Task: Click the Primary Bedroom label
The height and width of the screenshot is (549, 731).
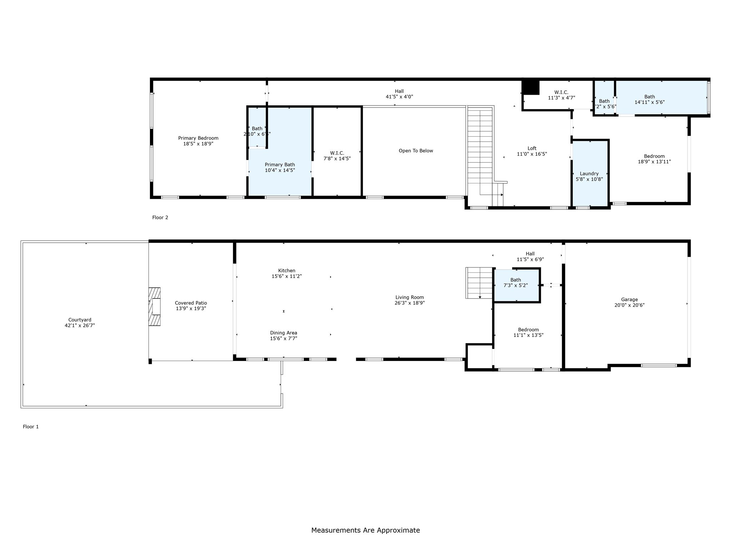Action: click(x=198, y=138)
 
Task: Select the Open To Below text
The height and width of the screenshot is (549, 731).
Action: click(x=416, y=151)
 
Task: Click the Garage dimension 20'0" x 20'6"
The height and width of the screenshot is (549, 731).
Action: click(x=629, y=305)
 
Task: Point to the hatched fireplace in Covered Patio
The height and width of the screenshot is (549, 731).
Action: click(x=155, y=307)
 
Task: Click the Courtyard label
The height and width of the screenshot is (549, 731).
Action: click(x=80, y=320)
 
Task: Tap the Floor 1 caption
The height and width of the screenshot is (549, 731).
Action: click(x=31, y=426)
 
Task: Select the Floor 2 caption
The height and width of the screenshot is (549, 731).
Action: click(x=160, y=217)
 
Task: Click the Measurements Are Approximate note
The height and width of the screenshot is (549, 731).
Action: click(x=365, y=530)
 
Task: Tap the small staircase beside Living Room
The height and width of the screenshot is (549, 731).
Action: click(x=479, y=283)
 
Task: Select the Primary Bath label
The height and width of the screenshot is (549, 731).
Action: click(x=280, y=165)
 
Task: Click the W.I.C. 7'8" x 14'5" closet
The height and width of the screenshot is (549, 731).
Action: click(x=337, y=156)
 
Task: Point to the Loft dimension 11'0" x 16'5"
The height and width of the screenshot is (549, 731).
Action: click(x=532, y=154)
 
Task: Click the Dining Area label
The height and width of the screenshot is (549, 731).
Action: click(x=283, y=333)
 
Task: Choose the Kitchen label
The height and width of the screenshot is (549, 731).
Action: click(x=287, y=271)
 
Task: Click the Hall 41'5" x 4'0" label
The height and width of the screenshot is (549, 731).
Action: click(x=399, y=91)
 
